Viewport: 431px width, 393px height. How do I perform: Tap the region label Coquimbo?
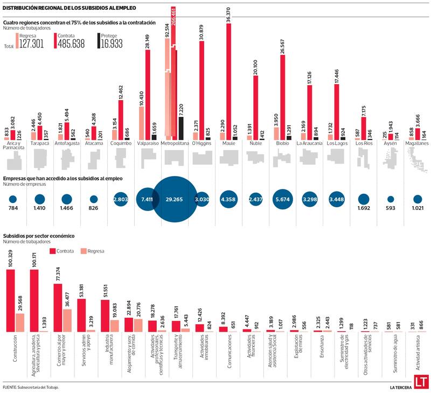coord(120,144)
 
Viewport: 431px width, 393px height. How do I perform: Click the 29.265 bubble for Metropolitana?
coord(174,199)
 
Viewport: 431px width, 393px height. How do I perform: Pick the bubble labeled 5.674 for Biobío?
coord(282,199)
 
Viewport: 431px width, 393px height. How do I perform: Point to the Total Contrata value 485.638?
coord(70,45)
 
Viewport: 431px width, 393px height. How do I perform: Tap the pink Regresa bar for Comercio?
coord(67,320)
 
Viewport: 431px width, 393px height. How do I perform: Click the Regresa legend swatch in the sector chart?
coord(82,251)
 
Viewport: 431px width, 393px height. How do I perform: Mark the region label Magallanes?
coord(417,144)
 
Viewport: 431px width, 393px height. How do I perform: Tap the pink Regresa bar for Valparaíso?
coord(141,123)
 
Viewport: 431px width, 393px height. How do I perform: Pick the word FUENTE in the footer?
coord(10,387)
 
